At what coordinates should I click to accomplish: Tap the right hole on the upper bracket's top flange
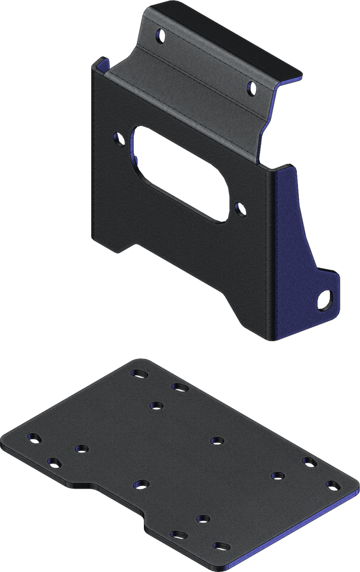(x=251, y=87)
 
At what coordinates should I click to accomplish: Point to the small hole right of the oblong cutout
(x=241, y=209)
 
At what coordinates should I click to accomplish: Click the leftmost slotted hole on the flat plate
(x=35, y=437)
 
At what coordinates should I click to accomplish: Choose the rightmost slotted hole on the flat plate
(x=332, y=484)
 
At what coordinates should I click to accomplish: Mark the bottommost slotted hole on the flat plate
(x=221, y=546)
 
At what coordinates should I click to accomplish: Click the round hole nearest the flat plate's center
(x=218, y=440)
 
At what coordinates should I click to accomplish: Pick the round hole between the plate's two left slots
(x=82, y=449)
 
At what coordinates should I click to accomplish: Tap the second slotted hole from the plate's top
(x=179, y=387)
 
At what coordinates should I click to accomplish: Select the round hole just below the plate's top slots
(x=156, y=405)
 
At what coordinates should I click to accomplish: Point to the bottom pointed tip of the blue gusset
(x=271, y=341)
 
